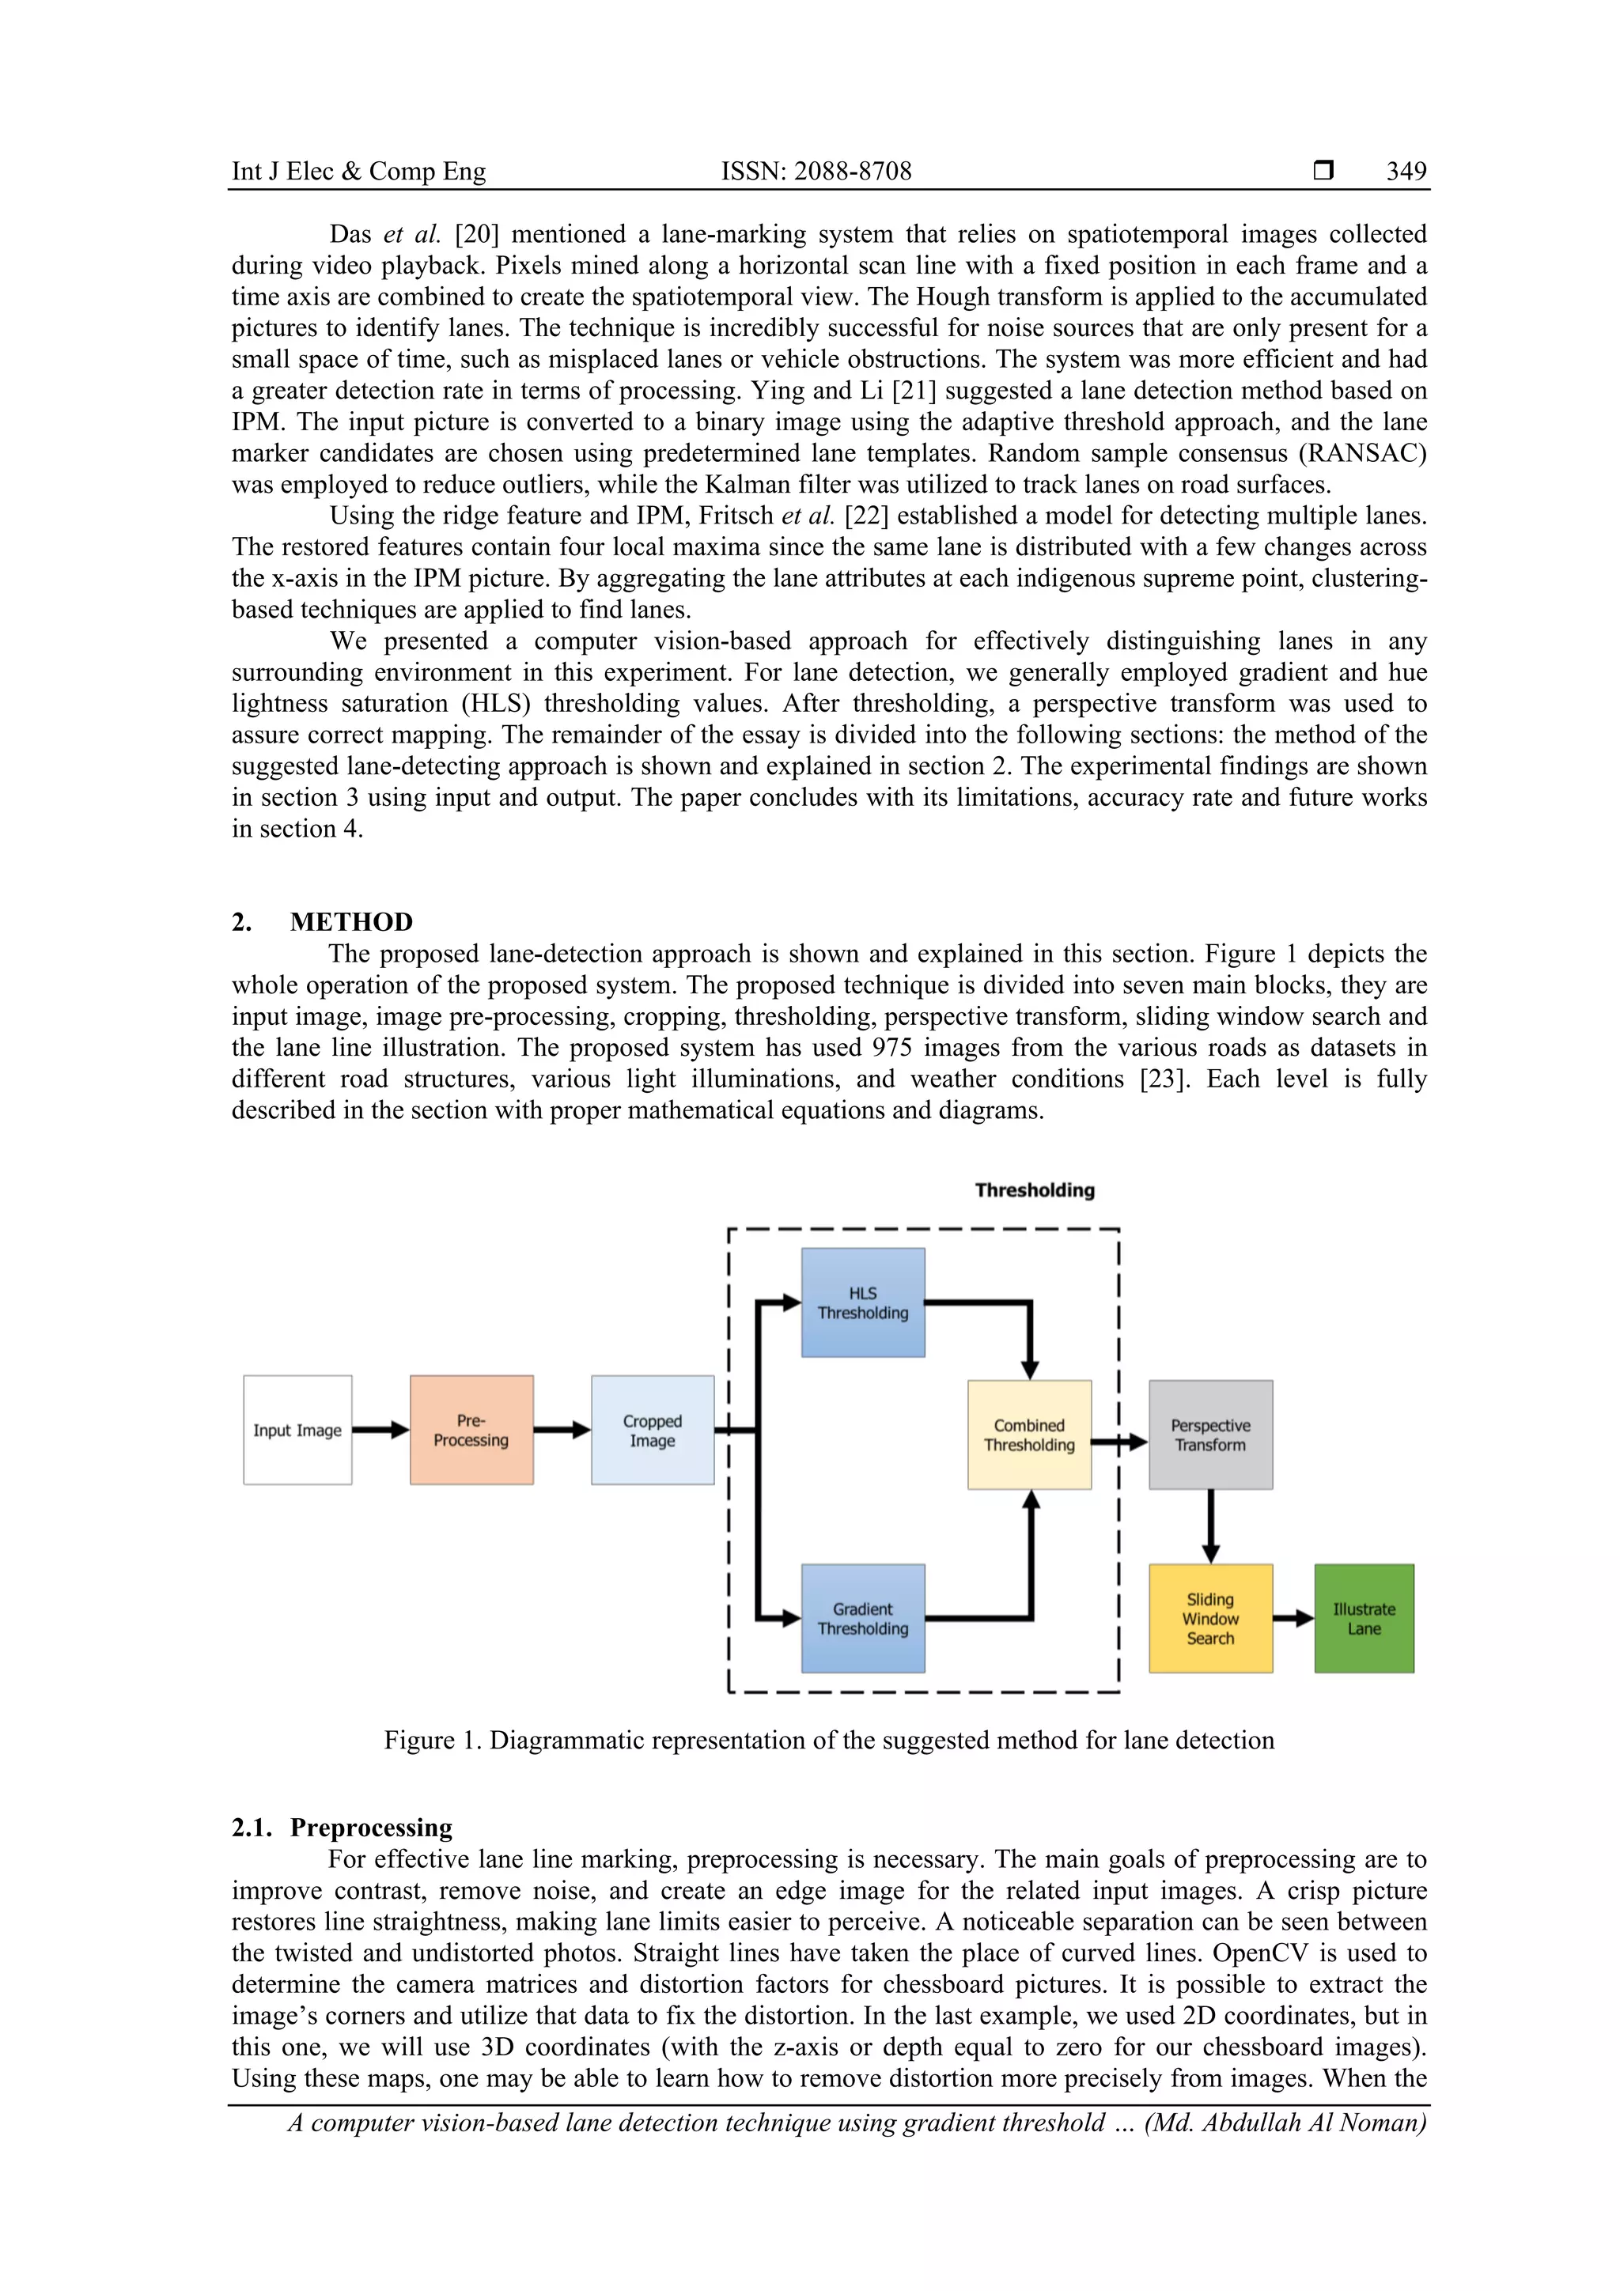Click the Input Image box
(x=297, y=1430)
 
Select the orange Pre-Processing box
(x=471, y=1430)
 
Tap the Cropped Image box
(x=653, y=1430)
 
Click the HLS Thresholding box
(x=862, y=1302)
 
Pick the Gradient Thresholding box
(x=862, y=1619)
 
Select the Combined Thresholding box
(x=1029, y=1435)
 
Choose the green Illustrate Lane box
(x=1364, y=1619)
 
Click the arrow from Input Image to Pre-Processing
(x=380, y=1430)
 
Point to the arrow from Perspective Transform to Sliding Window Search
(x=1211, y=1525)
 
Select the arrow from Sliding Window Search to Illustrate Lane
(x=1293, y=1619)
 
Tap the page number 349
(x=1406, y=172)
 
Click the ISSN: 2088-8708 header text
(x=816, y=172)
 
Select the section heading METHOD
(x=351, y=922)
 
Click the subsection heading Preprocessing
(x=371, y=1828)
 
